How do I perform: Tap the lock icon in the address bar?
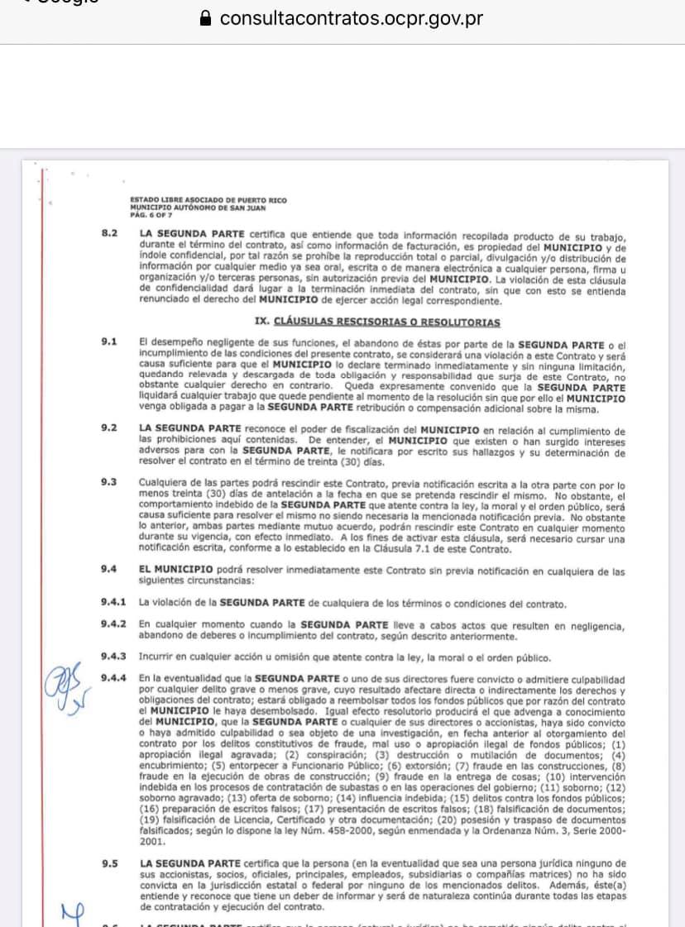[x=207, y=19]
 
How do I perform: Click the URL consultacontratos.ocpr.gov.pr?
[x=352, y=18]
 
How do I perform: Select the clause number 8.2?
[x=109, y=234]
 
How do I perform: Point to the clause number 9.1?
[x=109, y=342]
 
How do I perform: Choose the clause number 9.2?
[x=109, y=428]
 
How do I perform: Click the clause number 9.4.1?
[x=113, y=603]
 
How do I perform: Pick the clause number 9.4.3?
[x=113, y=657]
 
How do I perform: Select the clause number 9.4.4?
[x=113, y=678]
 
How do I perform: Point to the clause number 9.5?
[x=109, y=863]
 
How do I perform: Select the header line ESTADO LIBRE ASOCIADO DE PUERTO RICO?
[x=208, y=200]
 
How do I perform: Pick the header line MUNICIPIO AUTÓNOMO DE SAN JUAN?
[x=196, y=207]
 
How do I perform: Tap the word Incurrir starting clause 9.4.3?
[x=156, y=657]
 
